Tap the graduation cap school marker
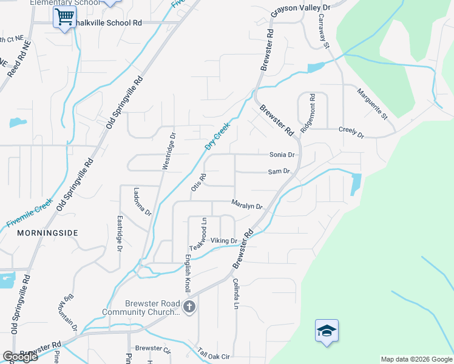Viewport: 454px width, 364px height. click(x=327, y=331)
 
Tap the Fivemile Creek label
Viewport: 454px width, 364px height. click(x=30, y=214)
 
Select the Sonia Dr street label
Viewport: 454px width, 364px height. click(x=282, y=155)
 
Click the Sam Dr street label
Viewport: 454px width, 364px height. click(x=279, y=172)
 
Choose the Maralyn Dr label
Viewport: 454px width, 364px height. click(x=246, y=204)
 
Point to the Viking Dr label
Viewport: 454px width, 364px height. click(x=223, y=241)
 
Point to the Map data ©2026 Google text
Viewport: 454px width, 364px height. click(x=416, y=359)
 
